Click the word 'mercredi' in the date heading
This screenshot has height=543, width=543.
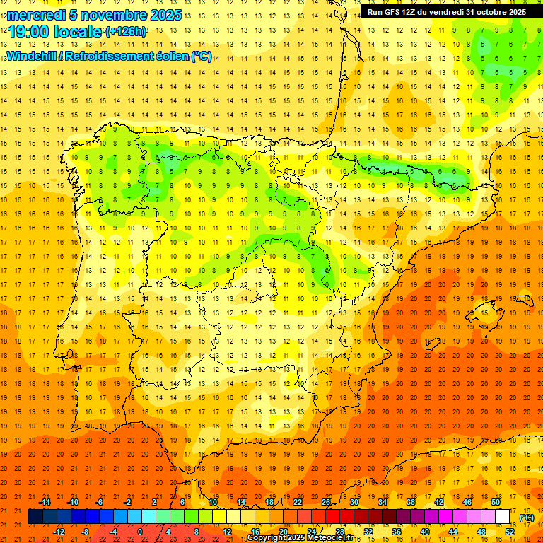(36, 15)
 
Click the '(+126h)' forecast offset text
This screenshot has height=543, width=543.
(125, 32)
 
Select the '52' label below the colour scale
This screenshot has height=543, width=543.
(509, 532)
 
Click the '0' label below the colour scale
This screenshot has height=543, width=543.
(140, 532)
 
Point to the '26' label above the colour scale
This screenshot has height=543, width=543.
(325, 502)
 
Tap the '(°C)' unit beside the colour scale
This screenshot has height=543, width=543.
(526, 518)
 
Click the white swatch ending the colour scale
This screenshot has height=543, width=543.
(502, 517)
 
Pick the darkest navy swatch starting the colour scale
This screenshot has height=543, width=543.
(35, 517)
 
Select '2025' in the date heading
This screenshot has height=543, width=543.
(166, 15)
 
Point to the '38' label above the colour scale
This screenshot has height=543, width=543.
(410, 502)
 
